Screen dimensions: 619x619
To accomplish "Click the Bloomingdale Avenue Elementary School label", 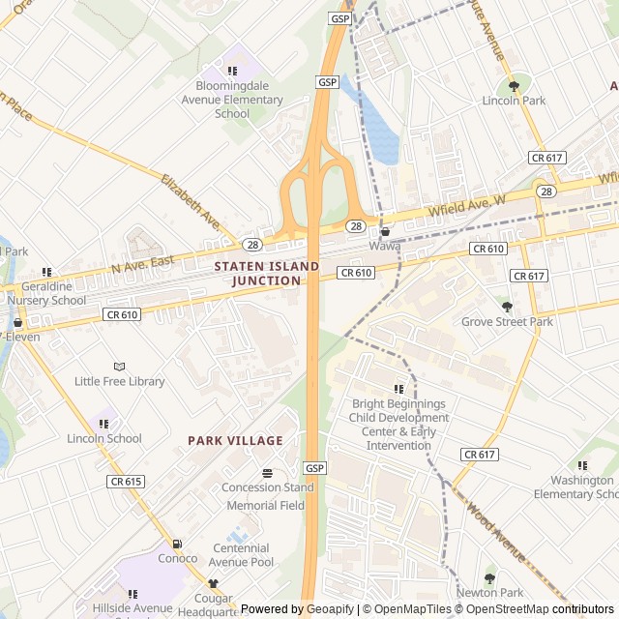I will [x=232, y=100].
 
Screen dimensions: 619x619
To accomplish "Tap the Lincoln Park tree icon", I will [x=514, y=86].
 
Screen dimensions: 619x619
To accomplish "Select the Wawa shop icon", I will [x=385, y=232].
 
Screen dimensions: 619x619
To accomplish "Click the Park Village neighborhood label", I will [x=235, y=440].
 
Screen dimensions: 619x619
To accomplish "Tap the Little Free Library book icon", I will [x=119, y=367].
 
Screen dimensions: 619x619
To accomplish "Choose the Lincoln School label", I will [x=104, y=438].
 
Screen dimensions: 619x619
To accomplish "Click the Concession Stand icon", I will [x=267, y=473].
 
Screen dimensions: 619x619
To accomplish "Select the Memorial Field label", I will [x=265, y=505].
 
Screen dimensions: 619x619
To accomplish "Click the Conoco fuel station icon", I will [x=177, y=544].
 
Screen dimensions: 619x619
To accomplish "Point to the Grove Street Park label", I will [x=507, y=321].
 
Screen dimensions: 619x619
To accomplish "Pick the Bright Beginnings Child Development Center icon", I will [x=399, y=389].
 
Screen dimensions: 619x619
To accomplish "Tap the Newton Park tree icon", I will [x=489, y=578].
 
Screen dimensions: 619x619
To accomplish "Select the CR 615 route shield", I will [x=126, y=482].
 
